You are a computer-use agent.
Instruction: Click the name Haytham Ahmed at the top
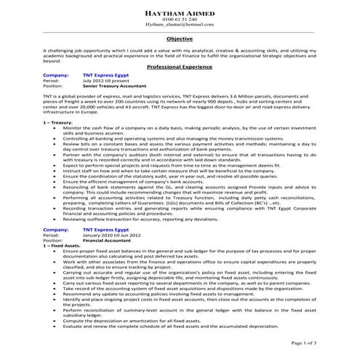(x=179, y=9)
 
